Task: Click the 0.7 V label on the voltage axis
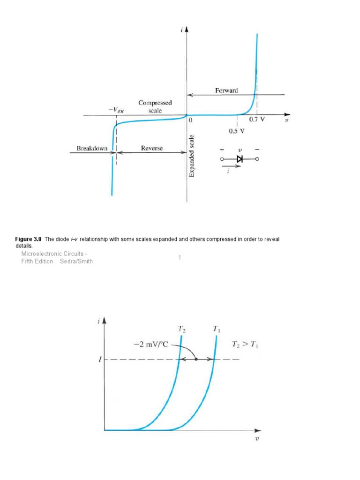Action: click(x=257, y=120)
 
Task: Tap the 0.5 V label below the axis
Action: click(x=237, y=131)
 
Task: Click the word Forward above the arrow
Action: click(x=226, y=90)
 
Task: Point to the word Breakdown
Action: click(x=92, y=149)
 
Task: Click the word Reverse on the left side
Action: click(x=151, y=149)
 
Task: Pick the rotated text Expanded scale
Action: click(x=192, y=156)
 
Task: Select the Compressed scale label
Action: click(x=155, y=107)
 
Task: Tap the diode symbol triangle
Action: click(x=240, y=159)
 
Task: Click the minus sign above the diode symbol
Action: click(x=256, y=150)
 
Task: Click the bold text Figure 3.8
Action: click(x=29, y=239)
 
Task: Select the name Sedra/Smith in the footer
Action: click(x=76, y=261)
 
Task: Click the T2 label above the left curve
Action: click(x=181, y=330)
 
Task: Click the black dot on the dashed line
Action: click(x=196, y=360)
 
